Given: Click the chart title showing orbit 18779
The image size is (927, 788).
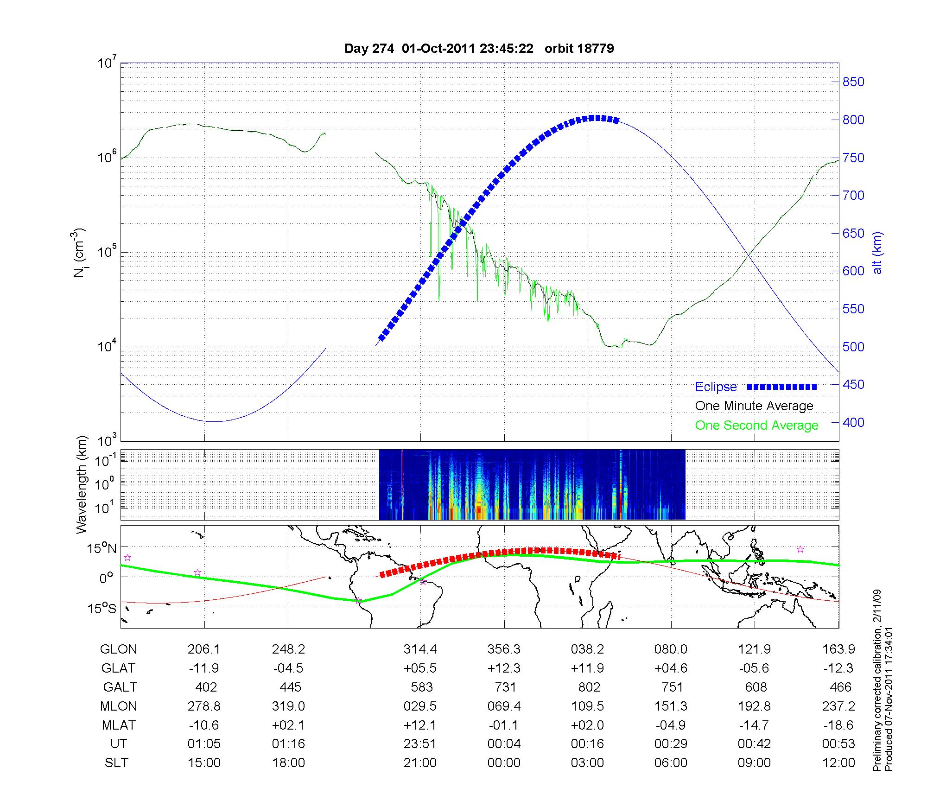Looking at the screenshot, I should point(479,49).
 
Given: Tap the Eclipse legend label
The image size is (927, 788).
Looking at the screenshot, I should point(716,387).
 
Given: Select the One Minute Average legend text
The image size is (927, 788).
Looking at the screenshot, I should point(754,406).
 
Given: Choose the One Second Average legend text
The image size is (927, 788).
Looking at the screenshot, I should point(756,426).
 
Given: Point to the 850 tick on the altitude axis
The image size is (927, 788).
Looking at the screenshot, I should point(853,82).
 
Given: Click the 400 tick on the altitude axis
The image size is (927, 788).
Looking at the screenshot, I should point(853,422).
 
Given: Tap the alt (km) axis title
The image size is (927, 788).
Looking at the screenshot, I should point(877,253).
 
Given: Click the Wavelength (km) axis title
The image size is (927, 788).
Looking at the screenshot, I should point(82,484).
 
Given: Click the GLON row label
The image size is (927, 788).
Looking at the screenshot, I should point(118,649).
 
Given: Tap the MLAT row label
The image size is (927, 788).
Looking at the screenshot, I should point(118,725).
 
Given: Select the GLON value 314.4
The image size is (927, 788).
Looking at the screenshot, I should point(420,649).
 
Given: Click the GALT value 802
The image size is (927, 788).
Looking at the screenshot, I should point(589,687).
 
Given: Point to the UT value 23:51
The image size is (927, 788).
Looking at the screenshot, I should point(420,744).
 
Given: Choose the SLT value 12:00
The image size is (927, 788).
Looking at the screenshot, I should point(838,763).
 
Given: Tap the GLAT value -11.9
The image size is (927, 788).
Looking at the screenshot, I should point(204,668).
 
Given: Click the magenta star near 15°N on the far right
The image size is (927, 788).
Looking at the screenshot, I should point(800,549).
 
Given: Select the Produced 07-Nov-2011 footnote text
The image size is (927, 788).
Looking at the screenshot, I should point(889,699).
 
